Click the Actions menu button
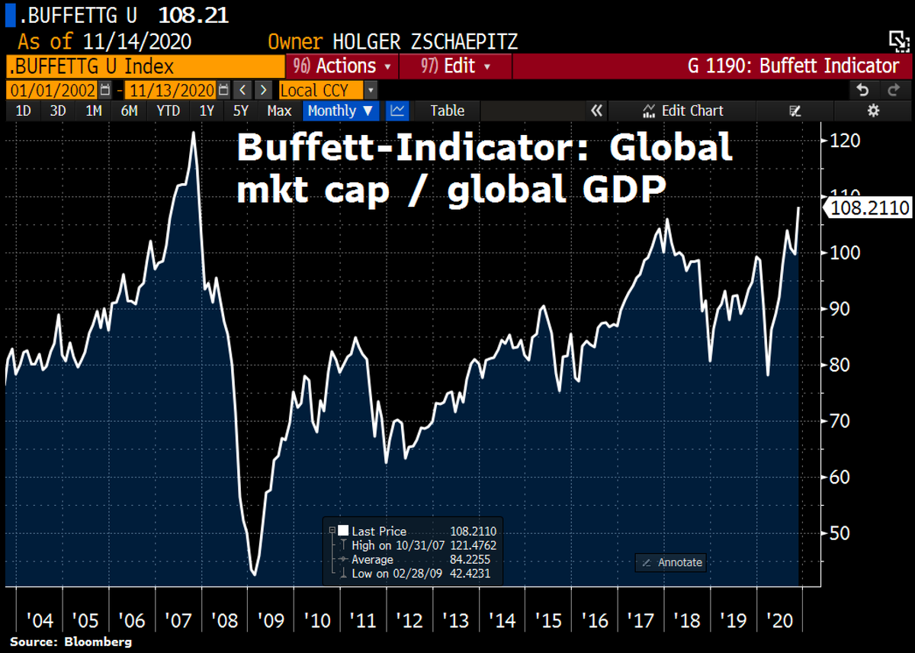(342, 66)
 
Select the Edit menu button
(455, 66)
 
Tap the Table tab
(447, 111)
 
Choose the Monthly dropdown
(342, 111)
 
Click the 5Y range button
(241, 111)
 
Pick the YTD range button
(168, 111)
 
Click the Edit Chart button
(683, 111)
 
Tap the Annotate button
(671, 562)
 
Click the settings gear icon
(873, 111)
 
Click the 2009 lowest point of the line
(254, 574)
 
